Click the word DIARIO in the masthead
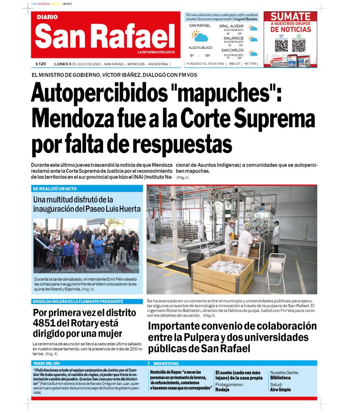click(47, 17)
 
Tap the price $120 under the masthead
click(41, 64)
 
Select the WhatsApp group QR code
click(299, 45)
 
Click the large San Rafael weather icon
click(200, 36)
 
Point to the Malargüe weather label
click(233, 38)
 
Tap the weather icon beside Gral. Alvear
click(253, 28)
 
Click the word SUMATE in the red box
click(290, 17)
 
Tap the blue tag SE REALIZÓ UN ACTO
click(55, 189)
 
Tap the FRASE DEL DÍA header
click(46, 363)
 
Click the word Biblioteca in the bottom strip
click(280, 378)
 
